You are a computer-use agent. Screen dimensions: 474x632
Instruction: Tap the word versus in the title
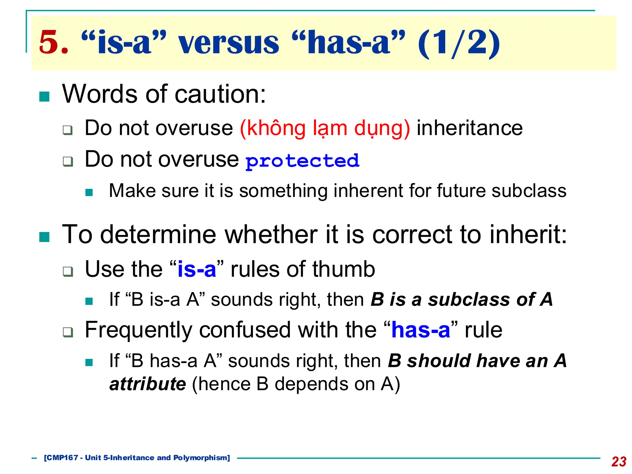pyautogui.click(x=229, y=43)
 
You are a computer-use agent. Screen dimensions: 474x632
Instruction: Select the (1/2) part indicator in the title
pyautogui.click(x=459, y=43)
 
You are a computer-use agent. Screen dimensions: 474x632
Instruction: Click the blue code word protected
pyautogui.click(x=302, y=161)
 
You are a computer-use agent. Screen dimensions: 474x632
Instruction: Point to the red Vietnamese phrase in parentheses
pyautogui.click(x=325, y=128)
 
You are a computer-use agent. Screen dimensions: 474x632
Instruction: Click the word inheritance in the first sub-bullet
pyautogui.click(x=469, y=128)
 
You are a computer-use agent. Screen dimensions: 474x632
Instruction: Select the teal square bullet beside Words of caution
pyautogui.click(x=44, y=97)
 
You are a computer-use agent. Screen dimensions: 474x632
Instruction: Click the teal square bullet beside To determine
pyautogui.click(x=44, y=237)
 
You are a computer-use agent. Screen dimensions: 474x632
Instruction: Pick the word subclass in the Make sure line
pyautogui.click(x=529, y=190)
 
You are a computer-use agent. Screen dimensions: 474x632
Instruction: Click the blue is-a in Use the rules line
pyautogui.click(x=197, y=269)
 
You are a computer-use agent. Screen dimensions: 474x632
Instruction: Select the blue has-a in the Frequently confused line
pyautogui.click(x=420, y=330)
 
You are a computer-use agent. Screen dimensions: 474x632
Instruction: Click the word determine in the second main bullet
pyautogui.click(x=158, y=235)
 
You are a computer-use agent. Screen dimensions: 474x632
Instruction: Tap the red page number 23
pyautogui.click(x=619, y=462)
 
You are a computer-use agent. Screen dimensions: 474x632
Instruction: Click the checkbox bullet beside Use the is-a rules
pyautogui.click(x=68, y=272)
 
